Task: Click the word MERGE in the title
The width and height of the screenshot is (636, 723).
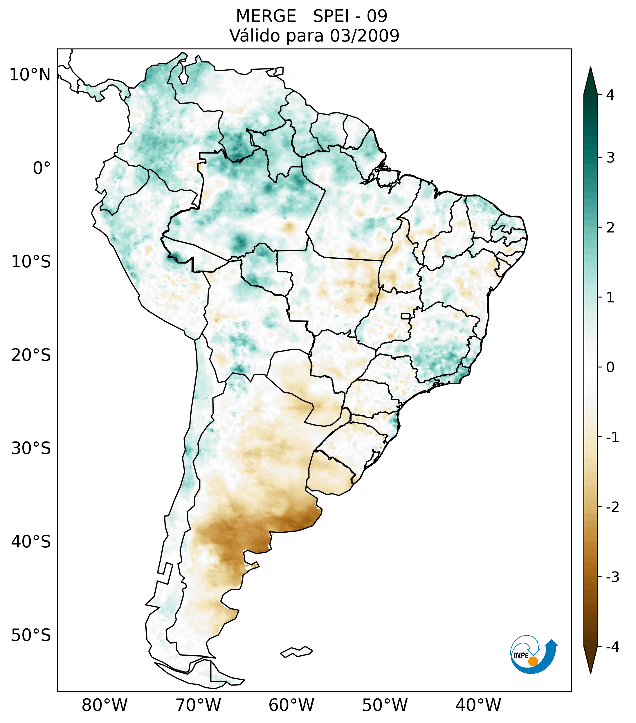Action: point(266,16)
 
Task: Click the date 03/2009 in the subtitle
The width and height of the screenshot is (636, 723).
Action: point(364,36)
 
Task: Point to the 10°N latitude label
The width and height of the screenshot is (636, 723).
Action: point(30,75)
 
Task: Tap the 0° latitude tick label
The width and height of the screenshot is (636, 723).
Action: point(42,168)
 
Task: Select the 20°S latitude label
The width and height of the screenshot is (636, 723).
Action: point(31,355)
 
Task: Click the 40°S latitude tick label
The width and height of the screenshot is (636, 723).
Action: point(31,542)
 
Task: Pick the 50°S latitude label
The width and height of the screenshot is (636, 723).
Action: point(31,636)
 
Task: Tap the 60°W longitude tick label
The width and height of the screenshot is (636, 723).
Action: point(291,705)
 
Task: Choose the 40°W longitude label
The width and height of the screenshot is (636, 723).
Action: point(478,705)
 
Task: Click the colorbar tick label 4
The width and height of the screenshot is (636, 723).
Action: point(610,95)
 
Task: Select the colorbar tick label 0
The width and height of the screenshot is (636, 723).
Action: point(610,367)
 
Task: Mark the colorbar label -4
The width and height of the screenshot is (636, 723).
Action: point(612,647)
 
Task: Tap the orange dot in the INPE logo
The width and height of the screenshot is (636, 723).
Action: point(533,661)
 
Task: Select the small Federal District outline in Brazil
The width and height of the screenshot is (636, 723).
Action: point(406,316)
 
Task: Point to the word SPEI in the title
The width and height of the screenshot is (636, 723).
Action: point(331,16)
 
